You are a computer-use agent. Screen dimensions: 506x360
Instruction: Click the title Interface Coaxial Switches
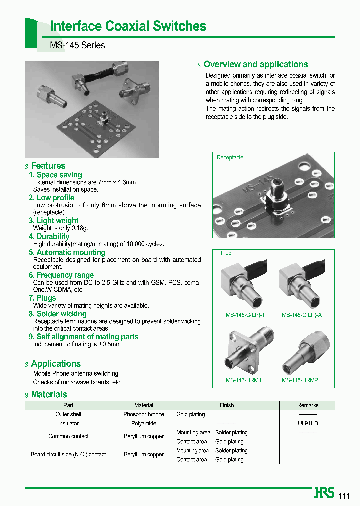[128, 26]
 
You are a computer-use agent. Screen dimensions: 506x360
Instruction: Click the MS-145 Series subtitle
[77, 45]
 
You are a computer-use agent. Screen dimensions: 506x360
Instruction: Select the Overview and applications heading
[255, 64]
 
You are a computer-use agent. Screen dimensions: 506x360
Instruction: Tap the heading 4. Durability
[49, 236]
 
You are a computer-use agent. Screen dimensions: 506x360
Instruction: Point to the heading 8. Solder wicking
[57, 314]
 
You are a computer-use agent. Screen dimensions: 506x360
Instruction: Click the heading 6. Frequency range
[61, 275]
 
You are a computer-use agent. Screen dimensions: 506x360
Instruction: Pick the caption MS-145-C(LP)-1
[245, 315]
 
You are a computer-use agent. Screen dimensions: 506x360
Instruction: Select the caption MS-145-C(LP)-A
[301, 315]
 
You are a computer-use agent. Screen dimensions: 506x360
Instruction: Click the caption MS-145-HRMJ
[243, 380]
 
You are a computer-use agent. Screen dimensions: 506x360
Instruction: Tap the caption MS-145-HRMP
[300, 380]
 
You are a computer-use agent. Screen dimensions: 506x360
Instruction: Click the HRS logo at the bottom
[324, 493]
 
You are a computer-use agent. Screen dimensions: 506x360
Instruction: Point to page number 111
[344, 496]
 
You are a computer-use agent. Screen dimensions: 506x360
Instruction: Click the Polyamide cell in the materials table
[143, 423]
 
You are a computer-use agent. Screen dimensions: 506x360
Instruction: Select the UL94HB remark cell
[308, 423]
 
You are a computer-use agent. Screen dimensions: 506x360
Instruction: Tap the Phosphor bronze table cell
[143, 414]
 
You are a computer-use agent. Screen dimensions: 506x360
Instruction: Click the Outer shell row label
[68, 414]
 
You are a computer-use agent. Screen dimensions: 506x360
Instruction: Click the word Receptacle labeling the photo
[230, 158]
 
